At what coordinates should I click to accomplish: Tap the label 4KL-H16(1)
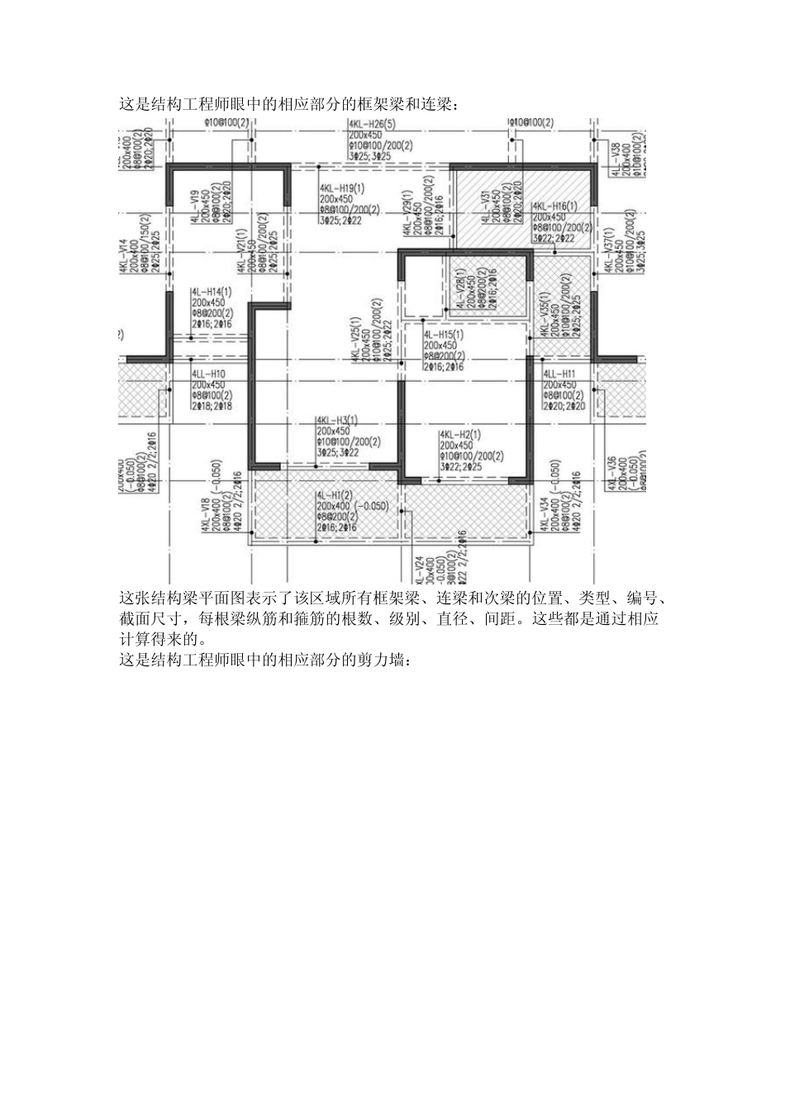click(554, 205)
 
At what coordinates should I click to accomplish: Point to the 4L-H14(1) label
click(212, 292)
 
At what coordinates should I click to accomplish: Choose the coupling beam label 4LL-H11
click(559, 374)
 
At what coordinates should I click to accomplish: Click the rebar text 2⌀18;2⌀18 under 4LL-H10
click(212, 407)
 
